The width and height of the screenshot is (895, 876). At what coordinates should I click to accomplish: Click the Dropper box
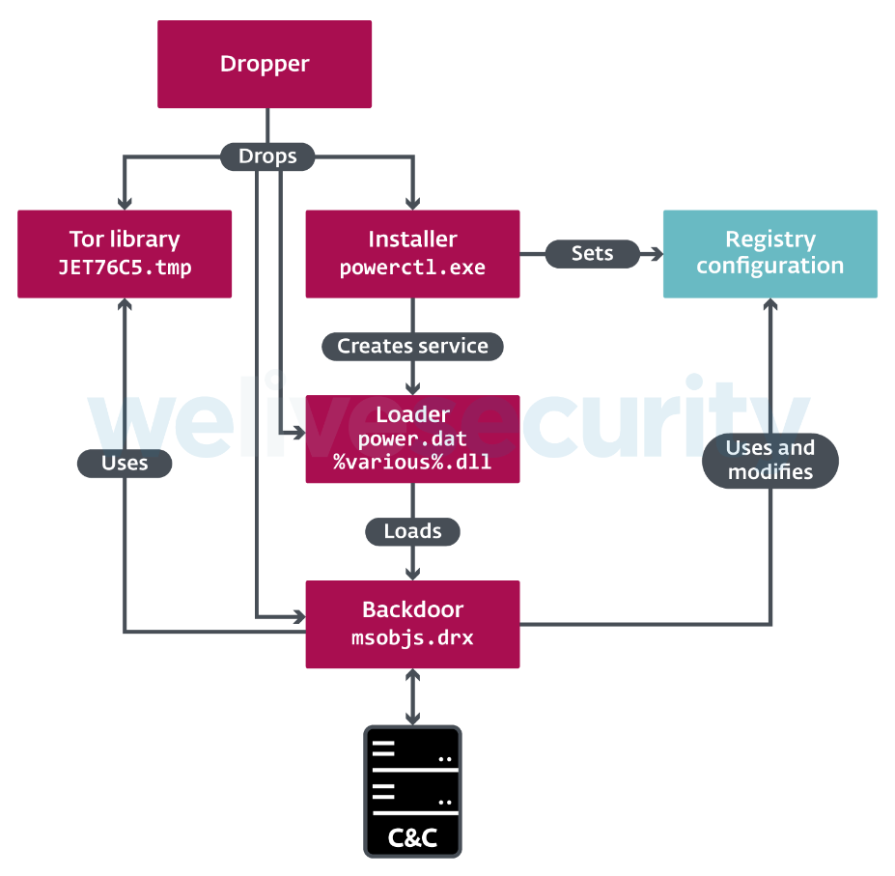(265, 64)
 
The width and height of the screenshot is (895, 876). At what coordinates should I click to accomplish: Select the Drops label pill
(267, 156)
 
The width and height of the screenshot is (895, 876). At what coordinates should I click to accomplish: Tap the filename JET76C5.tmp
(125, 268)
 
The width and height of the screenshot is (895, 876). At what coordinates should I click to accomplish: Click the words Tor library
(125, 240)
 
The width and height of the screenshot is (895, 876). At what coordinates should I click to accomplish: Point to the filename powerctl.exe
(412, 268)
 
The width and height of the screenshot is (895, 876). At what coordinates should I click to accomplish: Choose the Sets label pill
(593, 254)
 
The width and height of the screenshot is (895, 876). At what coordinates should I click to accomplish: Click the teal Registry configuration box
(770, 254)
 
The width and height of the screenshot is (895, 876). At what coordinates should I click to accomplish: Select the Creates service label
(412, 346)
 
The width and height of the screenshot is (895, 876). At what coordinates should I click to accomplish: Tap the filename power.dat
(412, 438)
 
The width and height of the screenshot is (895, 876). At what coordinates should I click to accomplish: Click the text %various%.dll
(412, 462)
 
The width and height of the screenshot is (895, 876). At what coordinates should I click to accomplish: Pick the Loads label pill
(412, 531)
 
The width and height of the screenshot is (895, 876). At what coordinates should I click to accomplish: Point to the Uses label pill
(125, 464)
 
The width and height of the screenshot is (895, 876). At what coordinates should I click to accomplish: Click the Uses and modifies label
(770, 461)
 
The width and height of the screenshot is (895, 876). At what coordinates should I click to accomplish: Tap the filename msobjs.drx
(412, 637)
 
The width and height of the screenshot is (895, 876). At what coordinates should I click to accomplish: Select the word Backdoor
(412, 609)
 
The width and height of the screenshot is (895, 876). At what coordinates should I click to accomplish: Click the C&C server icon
(412, 791)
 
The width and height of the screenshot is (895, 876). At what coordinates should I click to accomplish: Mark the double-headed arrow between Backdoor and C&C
(412, 696)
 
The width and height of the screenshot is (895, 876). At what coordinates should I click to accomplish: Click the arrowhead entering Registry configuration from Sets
(657, 254)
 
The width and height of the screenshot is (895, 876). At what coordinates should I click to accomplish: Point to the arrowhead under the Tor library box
(125, 304)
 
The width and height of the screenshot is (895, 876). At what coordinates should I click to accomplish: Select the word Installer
(412, 240)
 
